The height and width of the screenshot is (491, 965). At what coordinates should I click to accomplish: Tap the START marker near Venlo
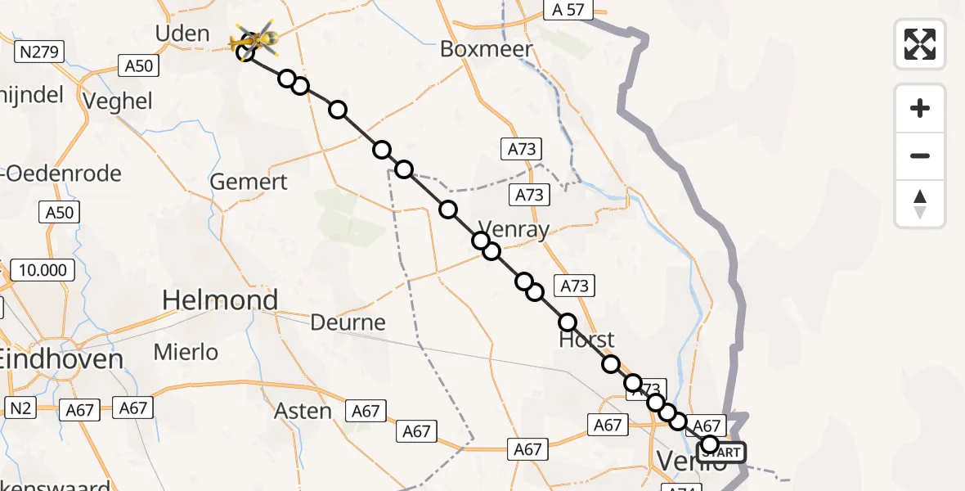point(722,453)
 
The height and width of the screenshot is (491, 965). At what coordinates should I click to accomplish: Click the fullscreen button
point(920,44)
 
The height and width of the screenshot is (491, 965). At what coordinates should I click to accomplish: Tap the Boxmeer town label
point(487,49)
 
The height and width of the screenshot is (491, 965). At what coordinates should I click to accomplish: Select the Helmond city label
point(220,300)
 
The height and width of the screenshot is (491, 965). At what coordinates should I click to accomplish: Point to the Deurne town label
point(348,322)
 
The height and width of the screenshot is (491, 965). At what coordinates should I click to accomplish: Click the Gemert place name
point(249,181)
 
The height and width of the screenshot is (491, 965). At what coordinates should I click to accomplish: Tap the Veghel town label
point(119,101)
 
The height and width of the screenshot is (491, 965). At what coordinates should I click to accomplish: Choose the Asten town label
point(303,410)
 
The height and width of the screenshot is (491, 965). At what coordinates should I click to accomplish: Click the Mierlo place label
point(186,353)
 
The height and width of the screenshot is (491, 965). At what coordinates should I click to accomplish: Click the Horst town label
point(586,340)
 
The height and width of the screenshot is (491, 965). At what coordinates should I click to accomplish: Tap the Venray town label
point(513,229)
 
